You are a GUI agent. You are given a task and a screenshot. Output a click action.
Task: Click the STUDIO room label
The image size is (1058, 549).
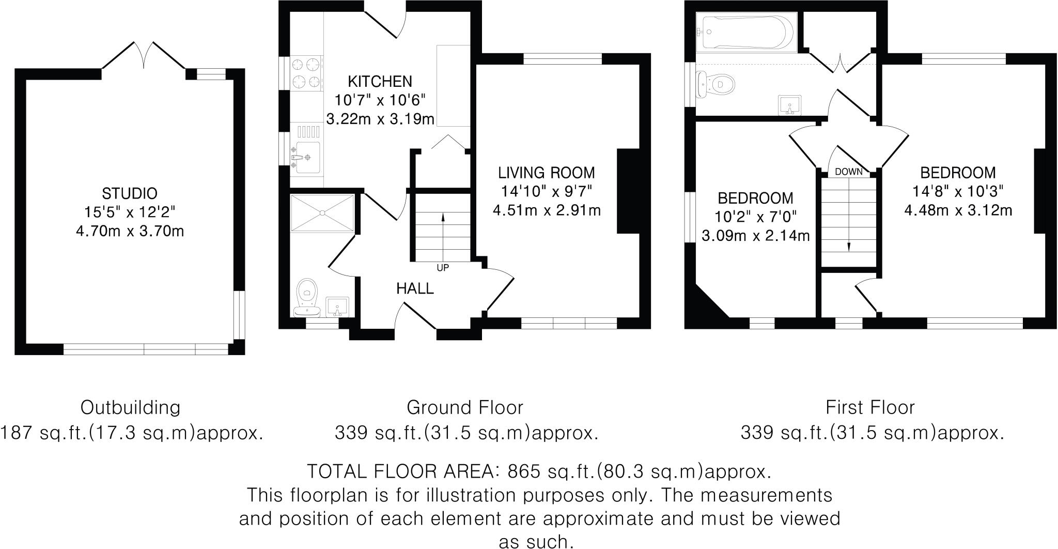130,194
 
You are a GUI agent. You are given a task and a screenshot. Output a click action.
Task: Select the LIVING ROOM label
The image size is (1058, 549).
546,172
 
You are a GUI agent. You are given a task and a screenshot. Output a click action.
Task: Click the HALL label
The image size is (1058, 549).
415,288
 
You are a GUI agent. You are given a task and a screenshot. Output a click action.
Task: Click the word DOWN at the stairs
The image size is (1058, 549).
849,172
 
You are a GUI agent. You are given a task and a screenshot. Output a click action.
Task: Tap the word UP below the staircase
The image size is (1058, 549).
443,268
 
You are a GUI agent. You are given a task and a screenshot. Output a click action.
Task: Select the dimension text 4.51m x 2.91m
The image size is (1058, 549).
547,211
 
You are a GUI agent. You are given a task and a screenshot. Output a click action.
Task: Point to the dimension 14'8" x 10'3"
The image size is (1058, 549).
957,191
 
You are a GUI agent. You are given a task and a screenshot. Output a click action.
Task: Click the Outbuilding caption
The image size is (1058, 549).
130,407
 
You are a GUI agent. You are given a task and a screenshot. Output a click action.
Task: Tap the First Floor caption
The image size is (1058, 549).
870,407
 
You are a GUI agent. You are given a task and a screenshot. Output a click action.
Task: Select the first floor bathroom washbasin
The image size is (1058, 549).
790,104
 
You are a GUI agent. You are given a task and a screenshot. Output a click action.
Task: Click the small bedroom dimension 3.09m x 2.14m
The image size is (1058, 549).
755,236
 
